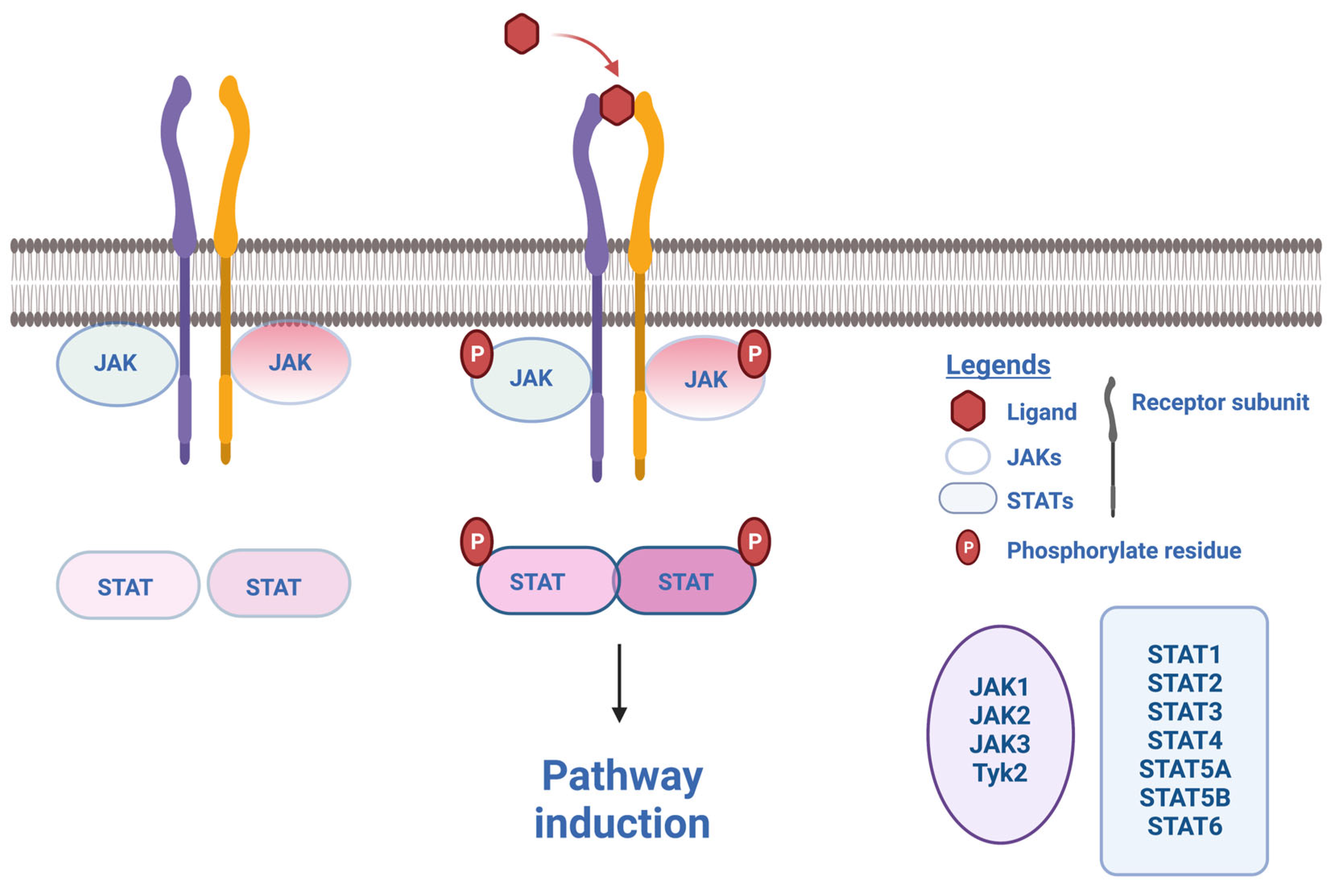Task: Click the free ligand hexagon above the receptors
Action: point(521,34)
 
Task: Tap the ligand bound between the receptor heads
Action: point(617,105)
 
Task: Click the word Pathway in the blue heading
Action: point(622,777)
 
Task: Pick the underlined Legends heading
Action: point(998,365)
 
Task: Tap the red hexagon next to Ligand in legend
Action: point(967,411)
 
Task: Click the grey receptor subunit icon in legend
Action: point(1112,446)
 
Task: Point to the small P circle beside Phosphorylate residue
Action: point(967,547)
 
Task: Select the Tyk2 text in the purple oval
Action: point(1000,772)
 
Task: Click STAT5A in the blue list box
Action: point(1184,769)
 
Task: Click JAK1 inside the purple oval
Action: point(1000,687)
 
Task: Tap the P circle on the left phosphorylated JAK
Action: point(476,354)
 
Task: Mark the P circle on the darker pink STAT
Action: point(754,541)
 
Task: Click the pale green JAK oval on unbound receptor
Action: point(116,363)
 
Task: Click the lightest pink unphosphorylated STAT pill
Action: point(127,585)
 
